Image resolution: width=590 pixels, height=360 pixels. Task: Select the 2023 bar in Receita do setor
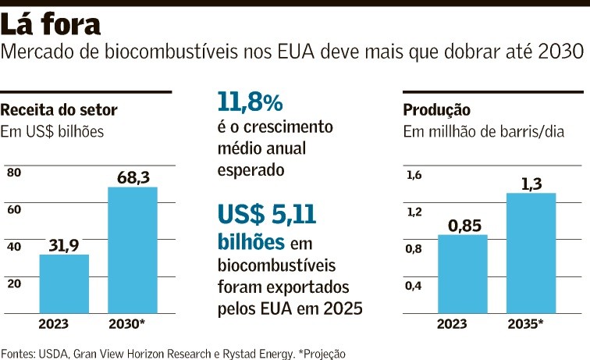[x=64, y=283]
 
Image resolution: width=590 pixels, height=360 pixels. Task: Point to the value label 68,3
[x=133, y=178]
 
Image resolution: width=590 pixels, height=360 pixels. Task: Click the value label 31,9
[x=65, y=245]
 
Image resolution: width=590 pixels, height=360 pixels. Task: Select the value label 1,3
[x=531, y=184]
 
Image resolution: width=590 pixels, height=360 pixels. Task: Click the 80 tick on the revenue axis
[x=13, y=173]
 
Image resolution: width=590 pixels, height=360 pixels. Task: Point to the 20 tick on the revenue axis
[x=13, y=283]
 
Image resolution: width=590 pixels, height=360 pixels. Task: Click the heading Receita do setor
[x=59, y=110]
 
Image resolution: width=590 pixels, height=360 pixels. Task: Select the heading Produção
[x=436, y=110]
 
